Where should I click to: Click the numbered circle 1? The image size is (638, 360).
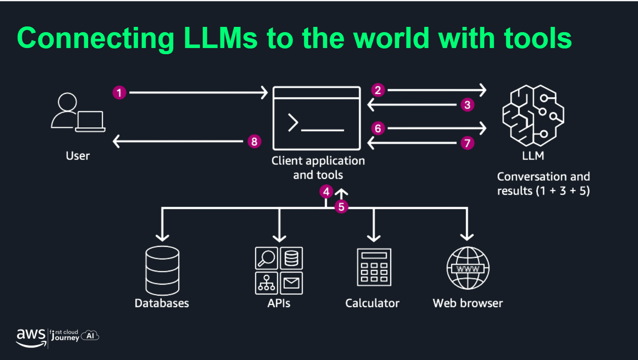119,93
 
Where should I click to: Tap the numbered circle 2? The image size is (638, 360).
378,90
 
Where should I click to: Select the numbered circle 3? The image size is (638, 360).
467,105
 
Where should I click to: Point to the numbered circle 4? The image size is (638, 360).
326,192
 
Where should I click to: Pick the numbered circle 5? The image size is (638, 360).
341,206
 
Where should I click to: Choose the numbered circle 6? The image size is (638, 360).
378,128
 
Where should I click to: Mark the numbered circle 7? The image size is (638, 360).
467,143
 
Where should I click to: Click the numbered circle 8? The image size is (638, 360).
254,141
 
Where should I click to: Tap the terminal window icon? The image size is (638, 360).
316,118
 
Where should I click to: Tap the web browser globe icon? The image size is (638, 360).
468,268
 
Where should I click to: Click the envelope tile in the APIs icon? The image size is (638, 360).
291,283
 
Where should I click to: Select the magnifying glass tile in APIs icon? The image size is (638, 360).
266,258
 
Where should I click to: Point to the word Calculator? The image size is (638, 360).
372,303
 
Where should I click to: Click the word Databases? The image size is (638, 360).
162,303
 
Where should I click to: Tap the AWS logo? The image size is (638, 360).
30,337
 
